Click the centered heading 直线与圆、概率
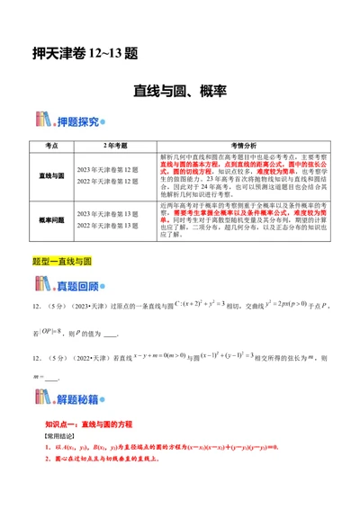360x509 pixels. pos(180,91)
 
